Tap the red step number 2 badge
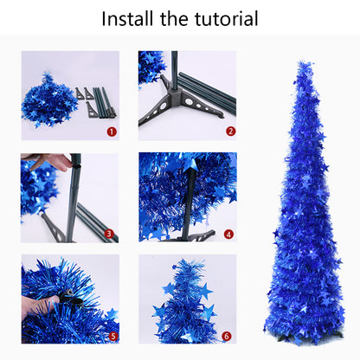(x=230, y=132)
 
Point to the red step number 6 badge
(x=228, y=336)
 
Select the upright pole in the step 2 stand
(x=176, y=69)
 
